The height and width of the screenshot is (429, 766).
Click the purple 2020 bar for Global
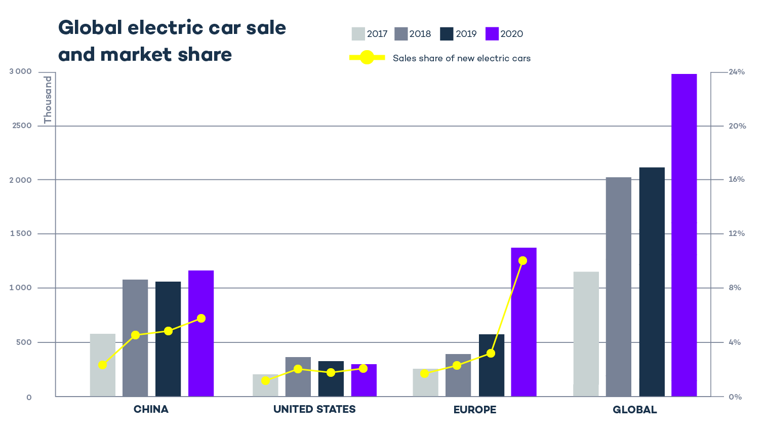click(x=684, y=235)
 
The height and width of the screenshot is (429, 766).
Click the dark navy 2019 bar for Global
click(x=652, y=282)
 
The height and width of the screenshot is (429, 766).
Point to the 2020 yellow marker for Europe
click(x=523, y=260)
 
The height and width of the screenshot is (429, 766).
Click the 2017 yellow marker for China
click(x=103, y=365)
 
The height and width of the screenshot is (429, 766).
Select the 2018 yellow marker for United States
click(x=298, y=369)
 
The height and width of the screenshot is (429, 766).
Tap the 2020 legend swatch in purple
click(x=492, y=34)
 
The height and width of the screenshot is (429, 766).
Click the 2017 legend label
click(x=377, y=34)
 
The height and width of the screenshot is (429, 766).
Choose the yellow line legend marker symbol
click(x=367, y=58)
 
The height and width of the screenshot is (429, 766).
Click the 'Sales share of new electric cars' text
click(x=461, y=58)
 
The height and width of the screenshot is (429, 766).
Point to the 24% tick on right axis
click(x=737, y=72)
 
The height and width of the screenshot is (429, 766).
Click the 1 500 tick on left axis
click(x=20, y=233)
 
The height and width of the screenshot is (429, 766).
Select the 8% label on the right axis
click(x=735, y=288)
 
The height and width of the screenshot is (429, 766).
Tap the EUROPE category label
click(x=475, y=409)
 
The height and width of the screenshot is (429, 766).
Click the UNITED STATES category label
click(x=314, y=409)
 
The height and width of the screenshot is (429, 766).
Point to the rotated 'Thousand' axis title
click(x=48, y=100)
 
